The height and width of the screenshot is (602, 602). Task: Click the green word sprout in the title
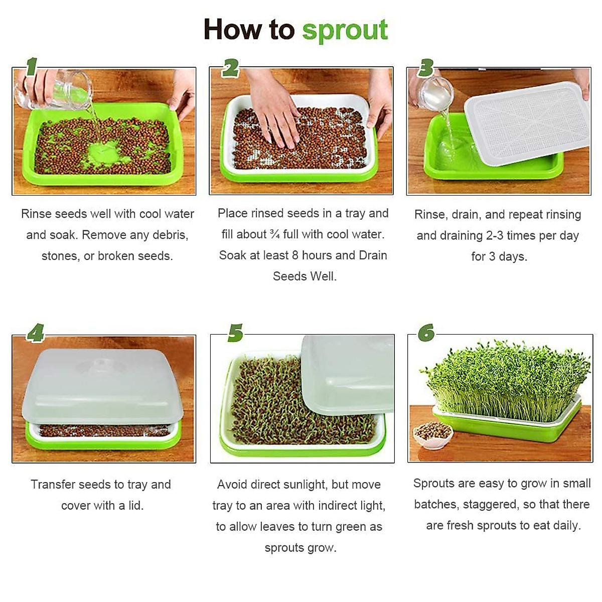click(x=345, y=31)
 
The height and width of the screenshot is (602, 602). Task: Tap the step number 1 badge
click(x=32, y=66)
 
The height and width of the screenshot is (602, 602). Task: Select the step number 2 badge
click(x=230, y=67)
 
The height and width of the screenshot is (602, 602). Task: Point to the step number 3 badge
click(x=425, y=67)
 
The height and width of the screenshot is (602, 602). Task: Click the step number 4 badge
click(x=35, y=333)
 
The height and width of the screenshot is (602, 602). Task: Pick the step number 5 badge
click(x=235, y=333)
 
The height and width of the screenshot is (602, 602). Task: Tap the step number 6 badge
click(x=426, y=333)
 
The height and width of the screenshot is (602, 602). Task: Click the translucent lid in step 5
click(x=346, y=374)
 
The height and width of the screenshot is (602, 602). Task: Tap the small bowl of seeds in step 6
click(x=432, y=434)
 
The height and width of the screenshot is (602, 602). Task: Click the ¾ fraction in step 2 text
click(x=274, y=234)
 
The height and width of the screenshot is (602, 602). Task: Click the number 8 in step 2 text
click(x=295, y=255)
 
